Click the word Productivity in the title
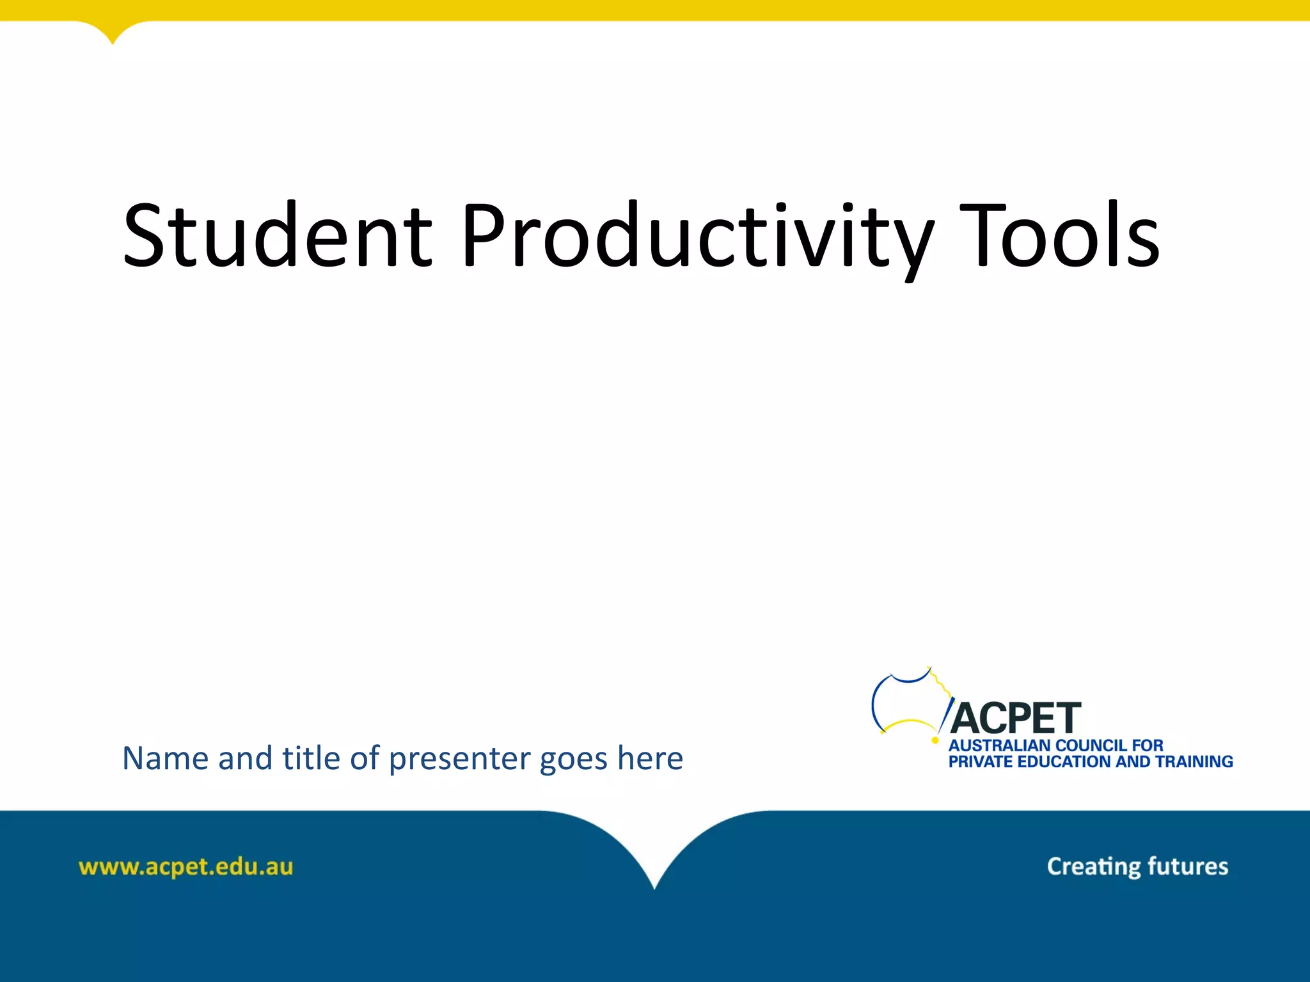[697, 235]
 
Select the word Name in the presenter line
[165, 759]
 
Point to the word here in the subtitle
[650, 759]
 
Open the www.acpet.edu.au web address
[185, 868]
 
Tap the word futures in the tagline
[1188, 866]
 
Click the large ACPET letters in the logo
[1016, 719]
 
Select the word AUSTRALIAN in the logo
[999, 745]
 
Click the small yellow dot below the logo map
[935, 740]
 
